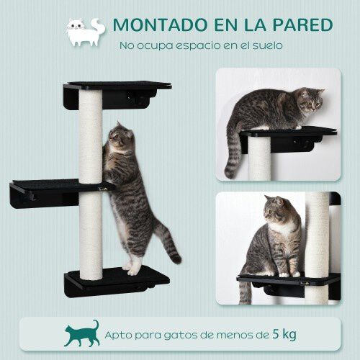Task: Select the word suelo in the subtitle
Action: [266, 45]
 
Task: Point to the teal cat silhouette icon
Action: [82, 333]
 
